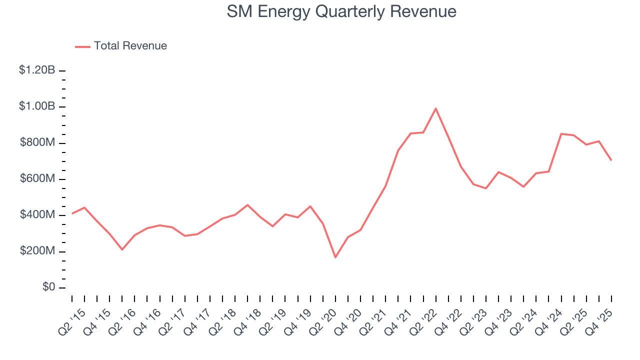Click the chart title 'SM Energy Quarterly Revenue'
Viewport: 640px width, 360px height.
[x=341, y=11]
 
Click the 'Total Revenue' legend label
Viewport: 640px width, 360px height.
[x=130, y=46]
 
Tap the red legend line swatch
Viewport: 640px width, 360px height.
[x=82, y=46]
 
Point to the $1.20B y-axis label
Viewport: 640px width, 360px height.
[x=37, y=70]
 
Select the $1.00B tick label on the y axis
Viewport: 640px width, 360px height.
[x=37, y=106]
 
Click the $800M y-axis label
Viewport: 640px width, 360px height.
[x=37, y=143]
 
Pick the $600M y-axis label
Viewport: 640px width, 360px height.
[x=37, y=179]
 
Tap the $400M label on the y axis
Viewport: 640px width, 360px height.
[x=37, y=215]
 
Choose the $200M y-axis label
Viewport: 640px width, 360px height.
[x=37, y=251]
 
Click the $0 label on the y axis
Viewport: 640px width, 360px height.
[x=49, y=287]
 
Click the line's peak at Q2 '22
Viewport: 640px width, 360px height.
[x=435, y=108]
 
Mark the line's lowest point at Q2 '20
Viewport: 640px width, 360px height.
[x=335, y=257]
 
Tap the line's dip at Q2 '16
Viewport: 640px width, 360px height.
[x=122, y=249]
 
